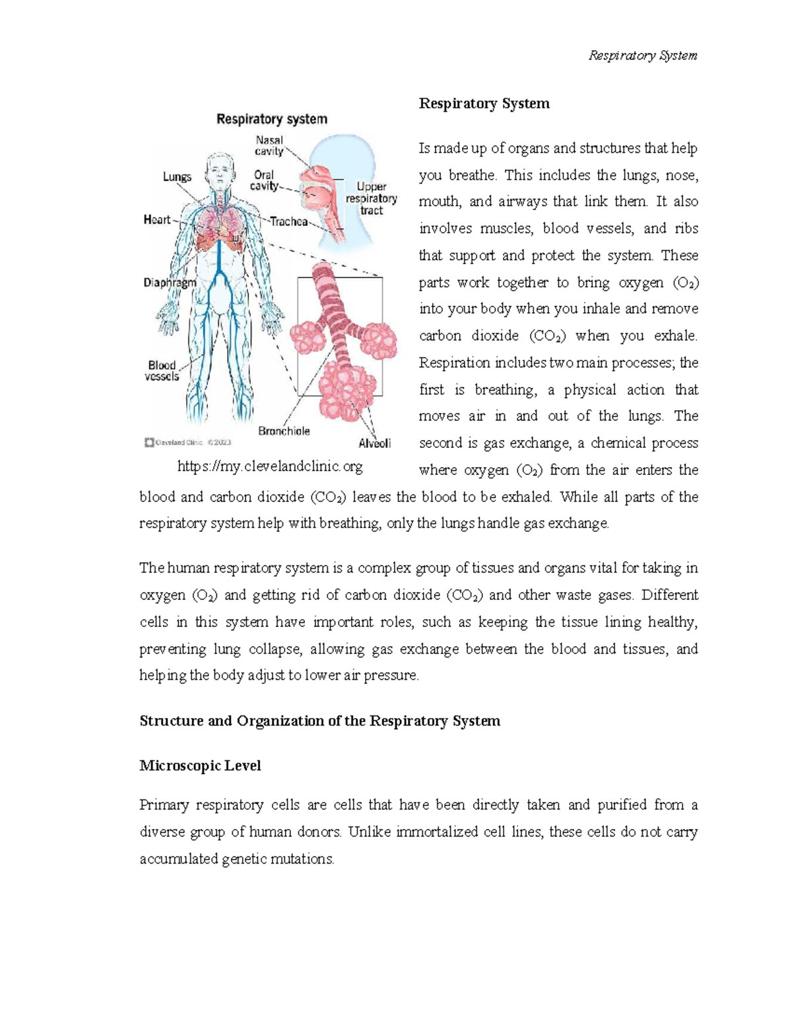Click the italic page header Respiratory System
642,55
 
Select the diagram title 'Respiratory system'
272,120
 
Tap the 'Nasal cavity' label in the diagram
269,146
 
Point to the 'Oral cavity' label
263,180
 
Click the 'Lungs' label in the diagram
177,177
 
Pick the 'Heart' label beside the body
157,220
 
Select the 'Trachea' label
288,222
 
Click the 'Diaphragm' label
170,283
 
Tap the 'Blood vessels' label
162,371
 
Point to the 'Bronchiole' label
284,431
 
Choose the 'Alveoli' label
374,443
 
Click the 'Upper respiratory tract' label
372,198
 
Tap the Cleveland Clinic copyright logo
187,443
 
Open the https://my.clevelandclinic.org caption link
270,466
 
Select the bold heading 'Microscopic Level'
200,766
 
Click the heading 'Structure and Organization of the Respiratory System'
319,721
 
